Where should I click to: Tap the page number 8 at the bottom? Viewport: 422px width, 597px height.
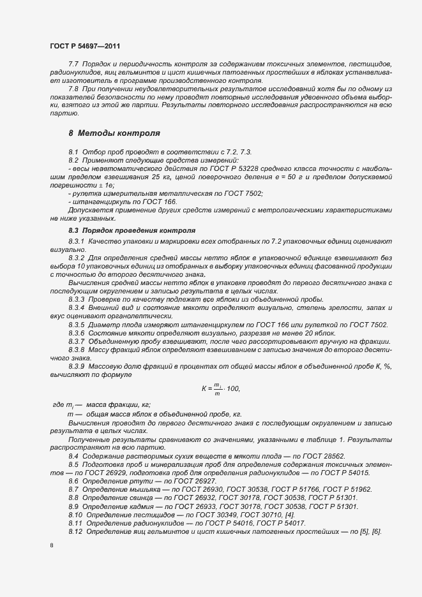[x=52, y=545]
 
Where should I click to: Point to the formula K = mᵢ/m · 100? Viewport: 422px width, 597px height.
[x=220, y=388]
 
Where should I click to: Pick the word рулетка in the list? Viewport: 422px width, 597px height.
[x=89, y=193]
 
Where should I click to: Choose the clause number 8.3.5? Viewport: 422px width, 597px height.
[x=77, y=325]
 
